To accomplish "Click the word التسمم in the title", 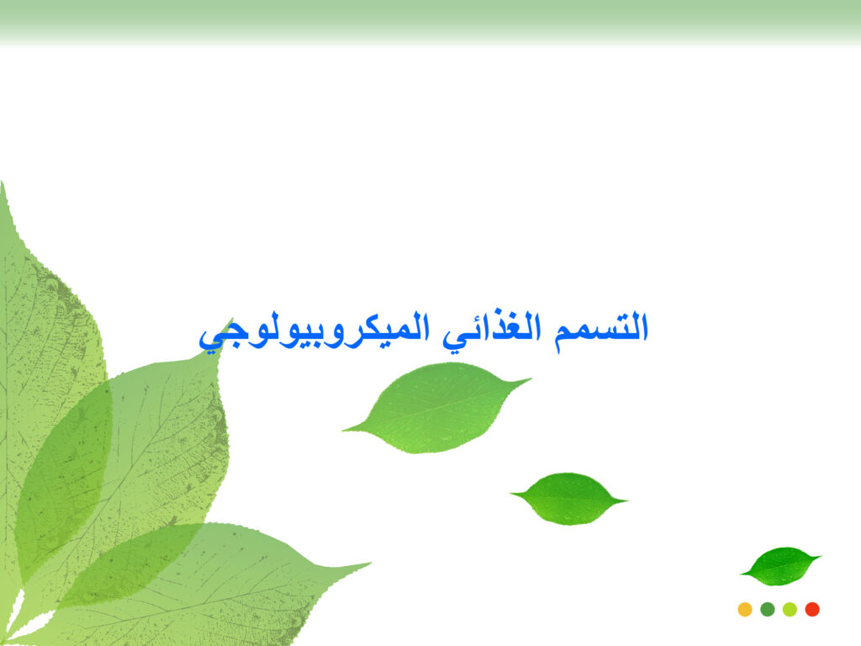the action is click(601, 329).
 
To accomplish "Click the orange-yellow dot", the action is click(745, 609).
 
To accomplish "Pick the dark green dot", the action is click(768, 609).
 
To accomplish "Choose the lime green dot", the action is click(790, 609).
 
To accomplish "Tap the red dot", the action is click(812, 609).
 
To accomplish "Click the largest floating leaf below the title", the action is click(436, 408).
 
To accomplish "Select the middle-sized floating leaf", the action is click(569, 499).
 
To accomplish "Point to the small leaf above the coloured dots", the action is click(781, 566).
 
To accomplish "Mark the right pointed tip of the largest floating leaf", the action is click(531, 379).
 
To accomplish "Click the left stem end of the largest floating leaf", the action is click(343, 430).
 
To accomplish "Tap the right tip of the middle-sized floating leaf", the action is click(627, 500).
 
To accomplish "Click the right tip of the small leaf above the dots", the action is click(821, 557).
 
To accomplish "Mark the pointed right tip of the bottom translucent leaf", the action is click(371, 563).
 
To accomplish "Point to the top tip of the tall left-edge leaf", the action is click(3, 182).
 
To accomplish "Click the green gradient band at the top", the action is click(430, 23).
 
